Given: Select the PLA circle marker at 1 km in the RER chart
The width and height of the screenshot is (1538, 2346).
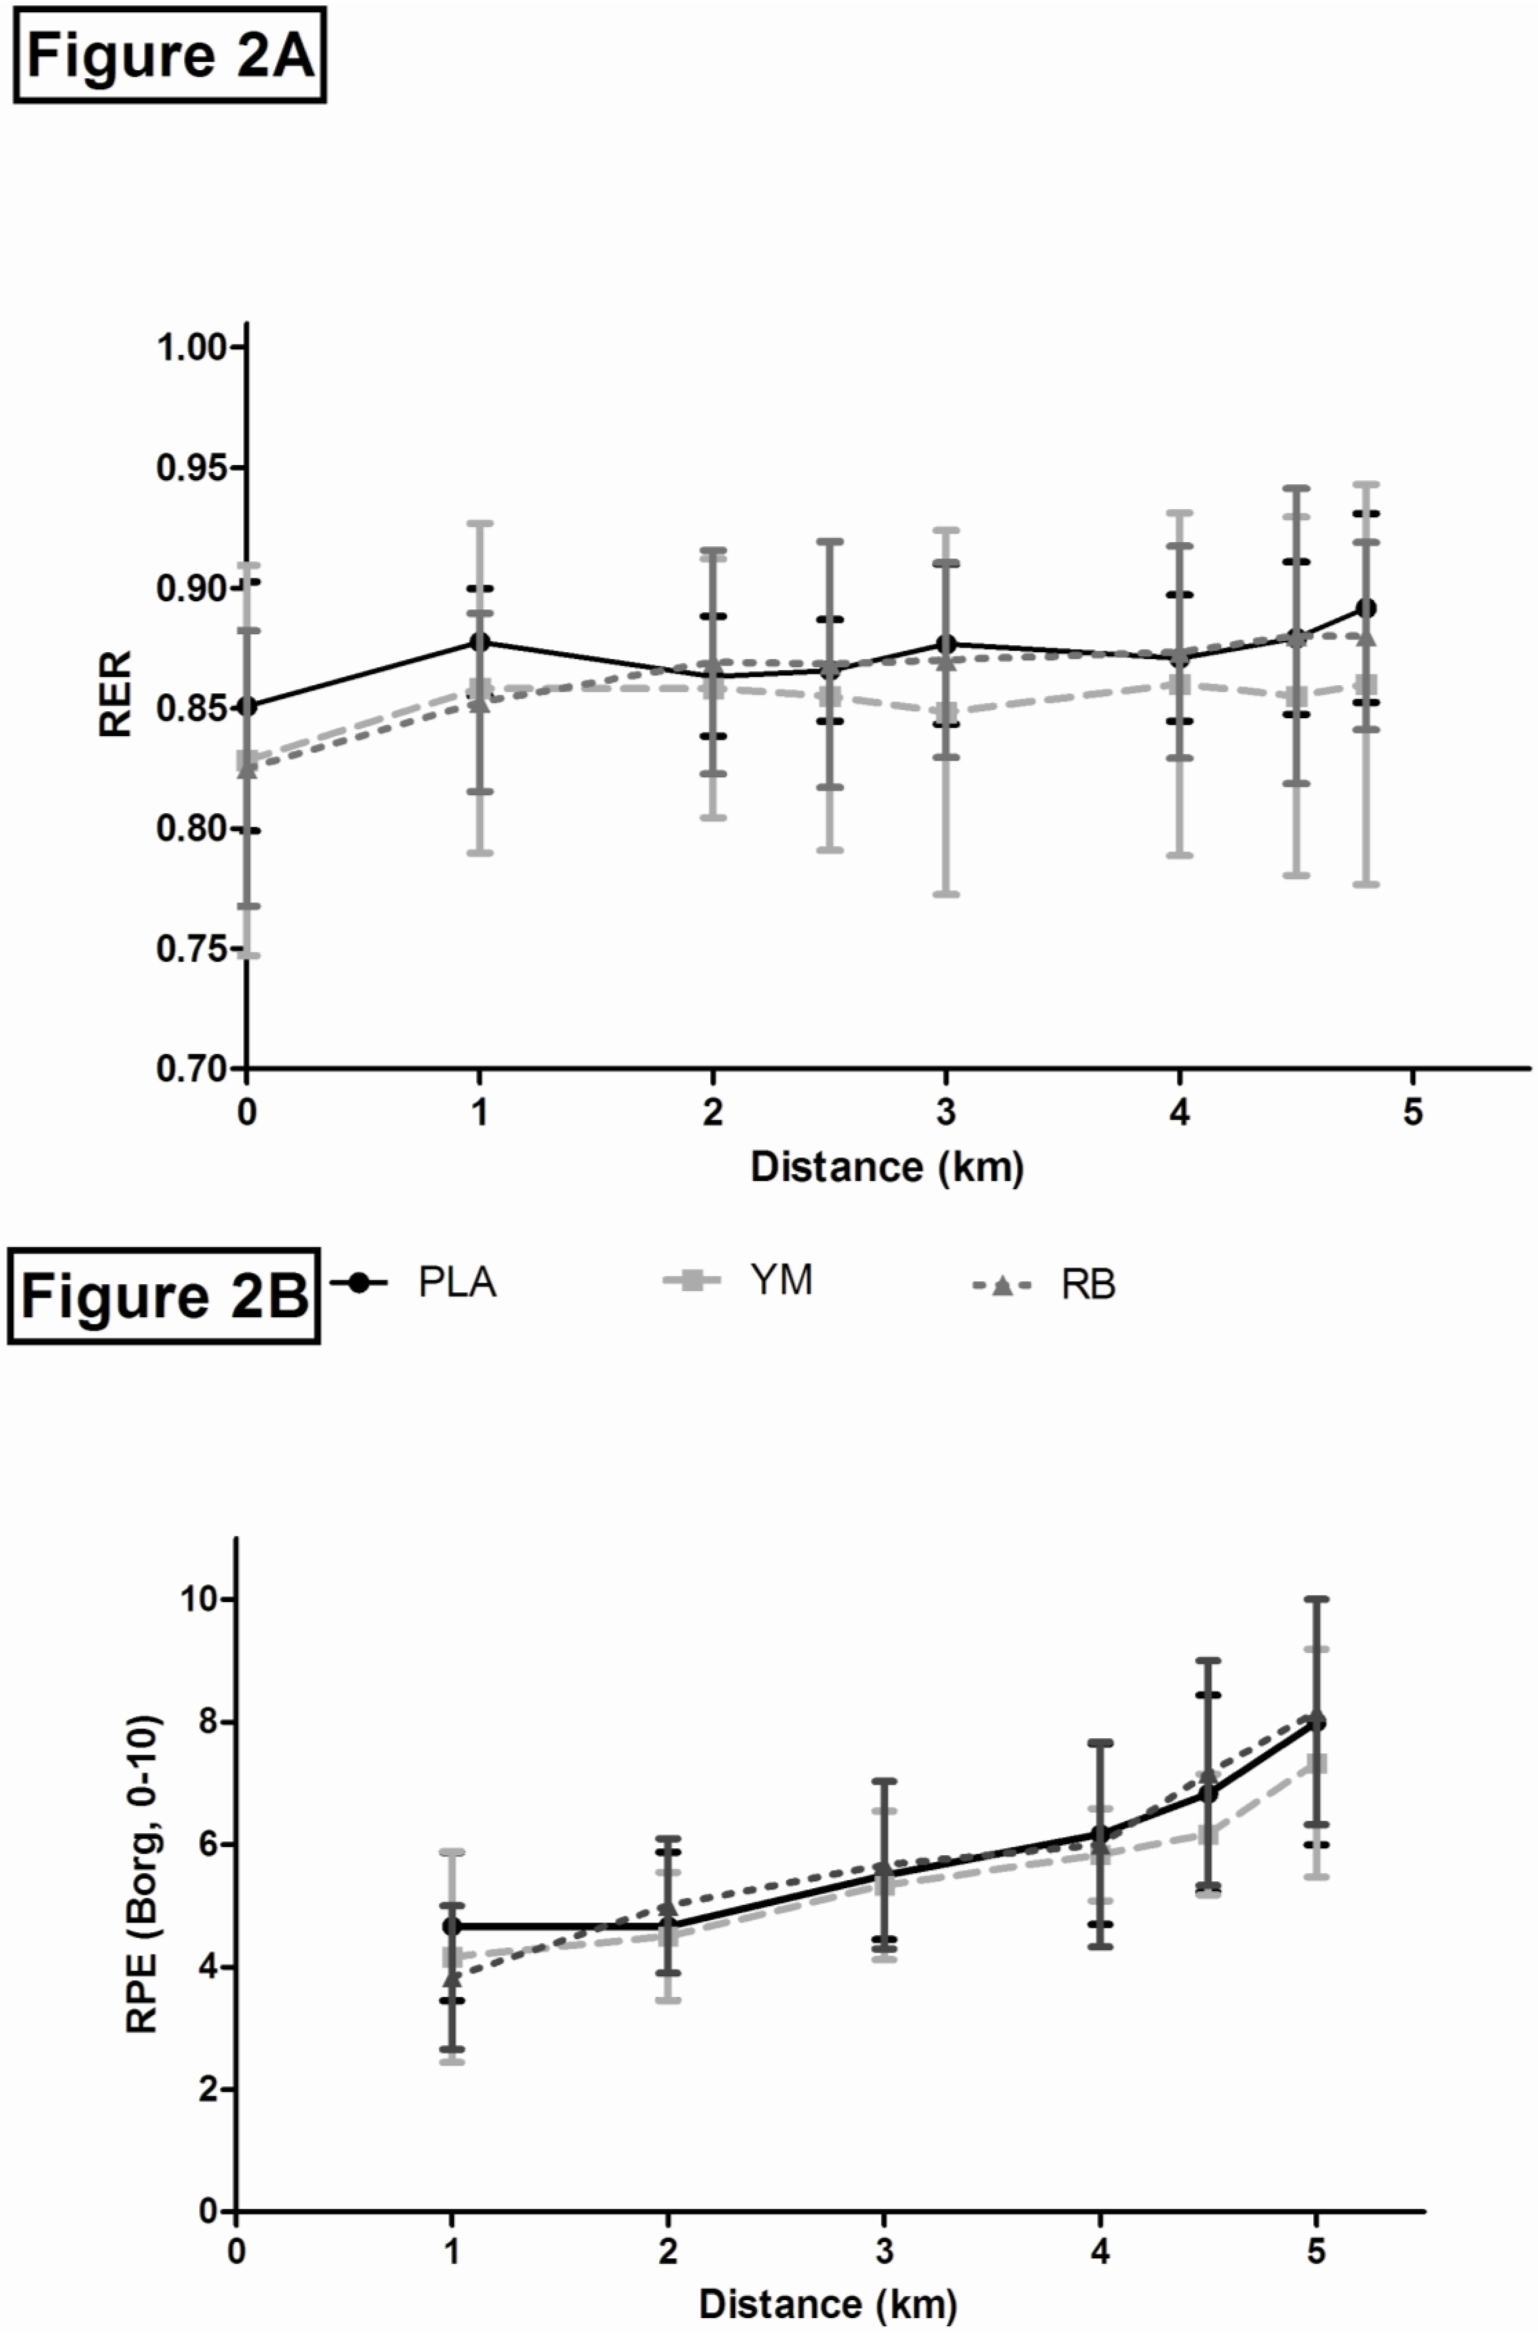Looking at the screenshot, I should pyautogui.click(x=480, y=642).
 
